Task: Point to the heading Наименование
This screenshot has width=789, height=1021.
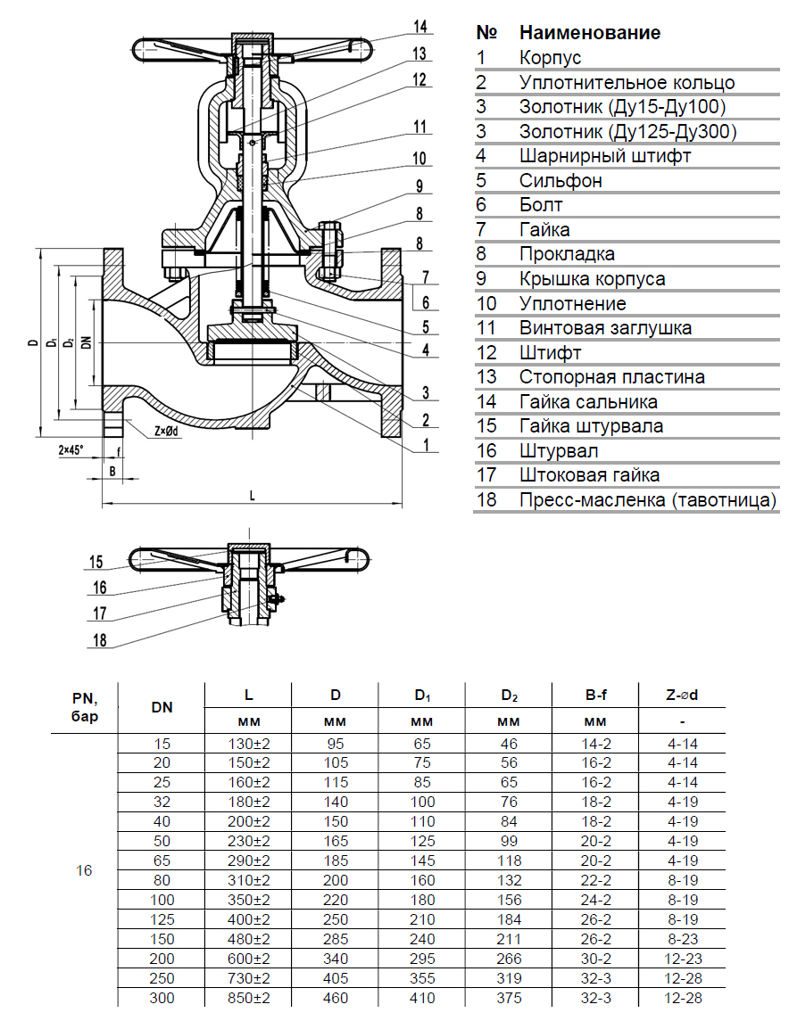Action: (x=590, y=33)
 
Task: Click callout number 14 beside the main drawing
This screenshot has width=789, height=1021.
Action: (x=420, y=25)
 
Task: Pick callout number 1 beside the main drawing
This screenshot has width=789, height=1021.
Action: (x=428, y=444)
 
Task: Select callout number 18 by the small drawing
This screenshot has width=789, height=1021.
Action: (x=98, y=639)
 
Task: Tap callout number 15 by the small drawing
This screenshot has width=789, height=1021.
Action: (x=97, y=562)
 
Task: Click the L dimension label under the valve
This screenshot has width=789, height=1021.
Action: (x=253, y=496)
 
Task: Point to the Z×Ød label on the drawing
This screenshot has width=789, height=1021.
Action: (x=167, y=432)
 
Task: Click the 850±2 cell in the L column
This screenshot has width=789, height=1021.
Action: (x=248, y=999)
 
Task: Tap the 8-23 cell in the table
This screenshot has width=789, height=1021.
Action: (x=681, y=938)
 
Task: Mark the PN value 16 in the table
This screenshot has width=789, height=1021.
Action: (x=84, y=870)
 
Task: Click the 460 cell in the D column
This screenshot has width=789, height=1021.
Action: (x=335, y=999)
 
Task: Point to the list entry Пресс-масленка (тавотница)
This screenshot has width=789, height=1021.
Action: (x=648, y=499)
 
